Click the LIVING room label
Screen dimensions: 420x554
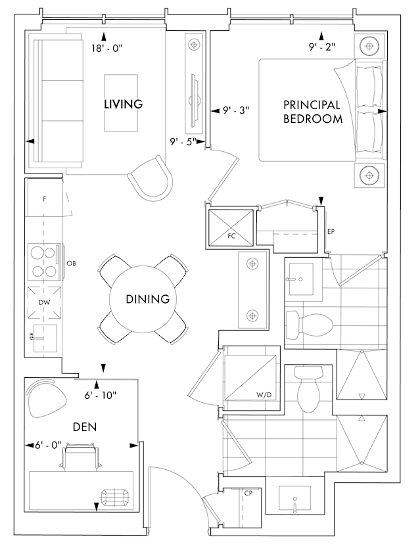[x=124, y=104]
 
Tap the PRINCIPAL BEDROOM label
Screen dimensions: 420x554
[x=313, y=112]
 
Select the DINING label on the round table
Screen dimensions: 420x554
[x=148, y=299]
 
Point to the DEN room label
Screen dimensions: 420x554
[x=85, y=427]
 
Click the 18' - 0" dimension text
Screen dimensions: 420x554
[x=106, y=48]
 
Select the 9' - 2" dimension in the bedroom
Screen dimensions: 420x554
[x=322, y=47]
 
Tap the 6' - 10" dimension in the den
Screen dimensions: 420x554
[x=101, y=396]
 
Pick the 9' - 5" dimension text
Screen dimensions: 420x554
[x=183, y=142]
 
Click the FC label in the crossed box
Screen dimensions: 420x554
[x=231, y=236]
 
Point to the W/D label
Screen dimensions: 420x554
[x=264, y=395]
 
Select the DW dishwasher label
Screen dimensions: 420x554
[x=45, y=302]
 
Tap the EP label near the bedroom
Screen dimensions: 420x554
[x=331, y=232]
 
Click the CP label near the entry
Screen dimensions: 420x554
[x=248, y=493]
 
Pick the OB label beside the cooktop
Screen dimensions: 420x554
[x=71, y=264]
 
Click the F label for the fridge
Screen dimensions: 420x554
[x=45, y=199]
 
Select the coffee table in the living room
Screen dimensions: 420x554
[x=121, y=103]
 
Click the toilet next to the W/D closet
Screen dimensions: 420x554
[x=308, y=389]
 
